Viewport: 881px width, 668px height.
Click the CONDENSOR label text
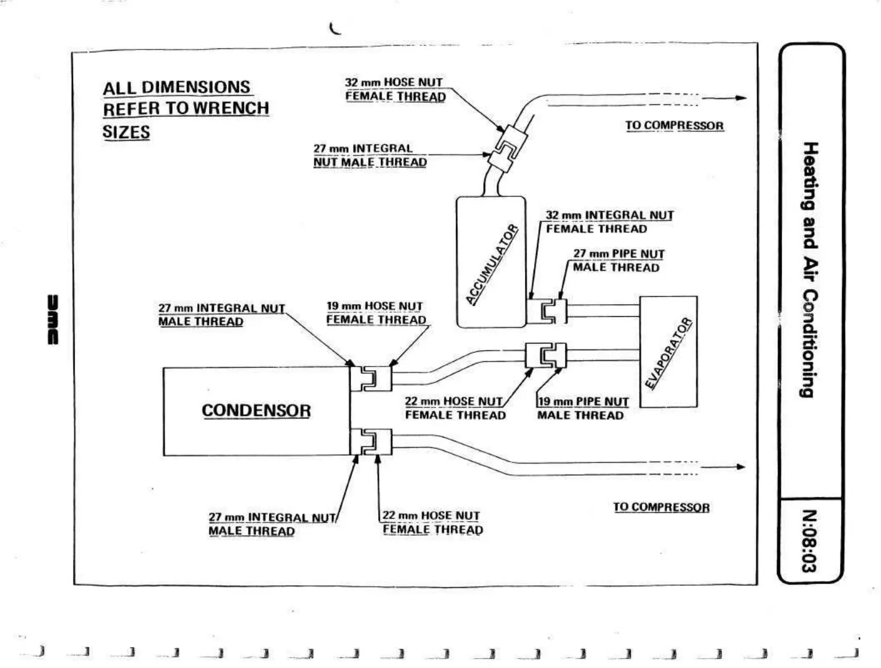pyautogui.click(x=256, y=411)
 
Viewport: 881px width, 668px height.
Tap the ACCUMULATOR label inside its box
pyautogui.click(x=492, y=265)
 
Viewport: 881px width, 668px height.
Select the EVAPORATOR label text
pyautogui.click(x=669, y=353)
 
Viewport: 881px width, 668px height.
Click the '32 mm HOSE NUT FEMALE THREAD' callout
pyautogui.click(x=395, y=89)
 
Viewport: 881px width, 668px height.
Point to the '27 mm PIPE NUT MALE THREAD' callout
pyautogui.click(x=618, y=261)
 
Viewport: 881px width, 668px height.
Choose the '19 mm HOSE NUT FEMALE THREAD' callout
pyautogui.click(x=376, y=313)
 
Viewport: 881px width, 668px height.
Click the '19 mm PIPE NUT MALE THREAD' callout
pyautogui.click(x=582, y=408)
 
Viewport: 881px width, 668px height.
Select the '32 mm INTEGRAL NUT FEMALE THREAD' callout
pyautogui.click(x=609, y=222)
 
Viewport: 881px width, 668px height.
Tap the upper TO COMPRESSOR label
pyautogui.click(x=674, y=126)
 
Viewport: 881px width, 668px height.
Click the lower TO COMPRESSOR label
pyautogui.click(x=661, y=507)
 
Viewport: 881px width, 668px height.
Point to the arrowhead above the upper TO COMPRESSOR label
pyautogui.click(x=741, y=98)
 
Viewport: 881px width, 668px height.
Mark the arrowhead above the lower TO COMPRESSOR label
pyautogui.click(x=740, y=467)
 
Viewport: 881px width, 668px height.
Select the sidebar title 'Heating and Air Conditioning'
pyautogui.click(x=810, y=270)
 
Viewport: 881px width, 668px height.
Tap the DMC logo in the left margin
pyautogui.click(x=53, y=320)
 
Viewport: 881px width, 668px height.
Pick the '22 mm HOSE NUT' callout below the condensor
pyautogui.click(x=432, y=523)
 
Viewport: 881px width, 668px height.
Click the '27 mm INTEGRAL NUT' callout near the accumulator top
pyautogui.click(x=370, y=156)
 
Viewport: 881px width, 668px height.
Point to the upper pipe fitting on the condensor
pyautogui.click(x=371, y=379)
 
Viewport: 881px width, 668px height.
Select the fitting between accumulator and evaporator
pyautogui.click(x=547, y=311)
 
